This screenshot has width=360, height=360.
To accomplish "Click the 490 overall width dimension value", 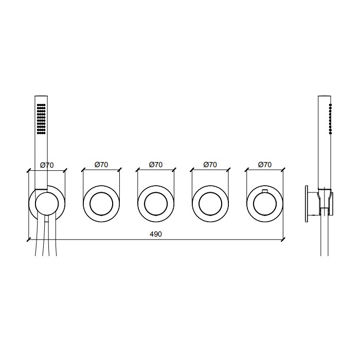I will (155, 234).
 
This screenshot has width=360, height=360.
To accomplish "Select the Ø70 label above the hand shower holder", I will (47, 165).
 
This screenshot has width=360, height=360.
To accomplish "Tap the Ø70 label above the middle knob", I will (156, 165).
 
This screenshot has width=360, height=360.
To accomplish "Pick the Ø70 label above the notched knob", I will (264, 165).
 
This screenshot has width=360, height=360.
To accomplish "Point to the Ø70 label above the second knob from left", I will (101, 165).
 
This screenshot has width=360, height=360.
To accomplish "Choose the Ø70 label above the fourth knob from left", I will (210, 165).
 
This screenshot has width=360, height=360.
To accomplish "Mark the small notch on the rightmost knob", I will (264, 192).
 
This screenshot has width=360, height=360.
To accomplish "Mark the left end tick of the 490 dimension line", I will (28, 239).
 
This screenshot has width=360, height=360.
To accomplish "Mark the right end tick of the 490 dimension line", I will (283, 239).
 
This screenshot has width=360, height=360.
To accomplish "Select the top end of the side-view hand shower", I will (325, 97).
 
